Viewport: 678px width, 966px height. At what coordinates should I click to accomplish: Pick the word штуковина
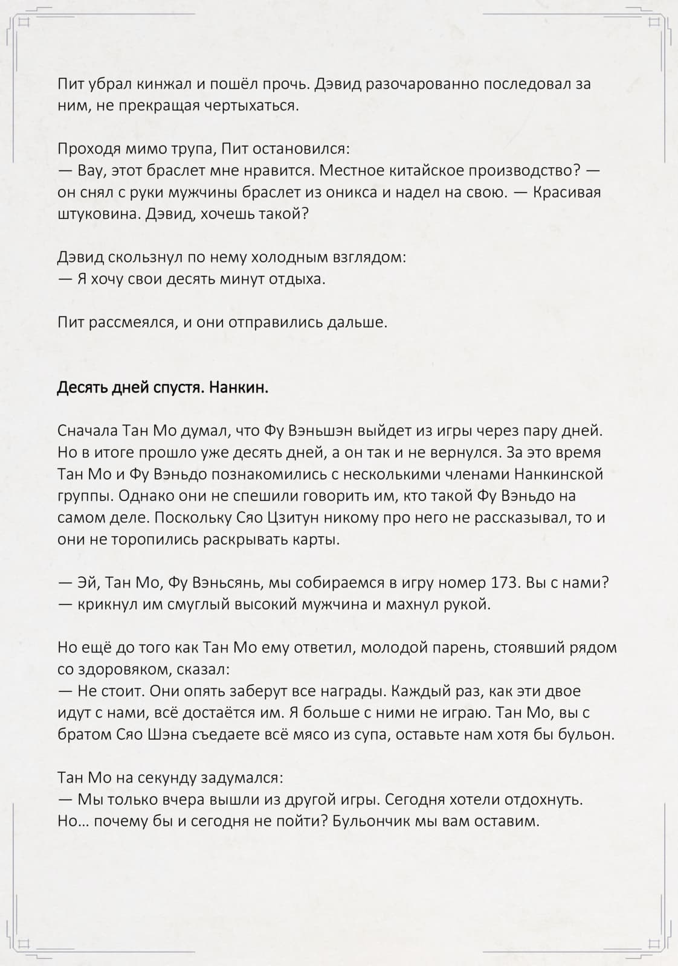tap(98, 214)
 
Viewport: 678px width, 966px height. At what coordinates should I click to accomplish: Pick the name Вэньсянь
tap(227, 583)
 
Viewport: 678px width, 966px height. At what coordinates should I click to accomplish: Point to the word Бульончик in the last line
tap(381, 821)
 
